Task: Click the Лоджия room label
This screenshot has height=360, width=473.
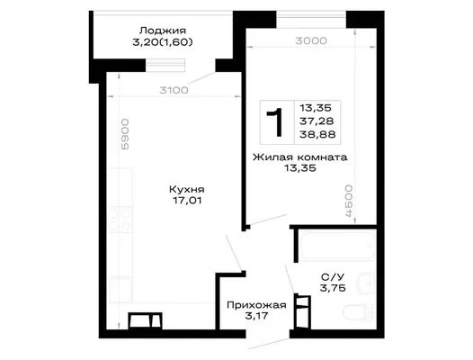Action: (163, 31)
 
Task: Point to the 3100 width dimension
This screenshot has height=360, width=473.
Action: (174, 90)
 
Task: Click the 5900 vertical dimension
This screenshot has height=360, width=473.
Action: (125, 134)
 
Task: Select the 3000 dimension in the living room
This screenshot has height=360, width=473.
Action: (311, 40)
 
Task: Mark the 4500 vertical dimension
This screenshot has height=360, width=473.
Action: (348, 201)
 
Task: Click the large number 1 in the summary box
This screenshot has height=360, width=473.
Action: (275, 122)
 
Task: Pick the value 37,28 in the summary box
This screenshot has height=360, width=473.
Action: (317, 121)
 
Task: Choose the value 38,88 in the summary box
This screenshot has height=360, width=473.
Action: (317, 134)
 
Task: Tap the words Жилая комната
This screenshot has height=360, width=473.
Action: (299, 157)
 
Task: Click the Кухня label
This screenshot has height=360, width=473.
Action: (187, 189)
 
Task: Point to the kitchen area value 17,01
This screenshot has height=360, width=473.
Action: (187, 200)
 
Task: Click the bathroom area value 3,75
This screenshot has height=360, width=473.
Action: (333, 288)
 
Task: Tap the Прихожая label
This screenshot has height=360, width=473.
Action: (256, 305)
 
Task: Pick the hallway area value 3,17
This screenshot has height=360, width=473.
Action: (256, 316)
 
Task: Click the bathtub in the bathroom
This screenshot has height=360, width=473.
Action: (337, 245)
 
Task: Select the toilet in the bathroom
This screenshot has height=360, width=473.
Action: (359, 313)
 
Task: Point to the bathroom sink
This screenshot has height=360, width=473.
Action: (366, 283)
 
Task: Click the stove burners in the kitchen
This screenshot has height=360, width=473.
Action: (120, 220)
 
